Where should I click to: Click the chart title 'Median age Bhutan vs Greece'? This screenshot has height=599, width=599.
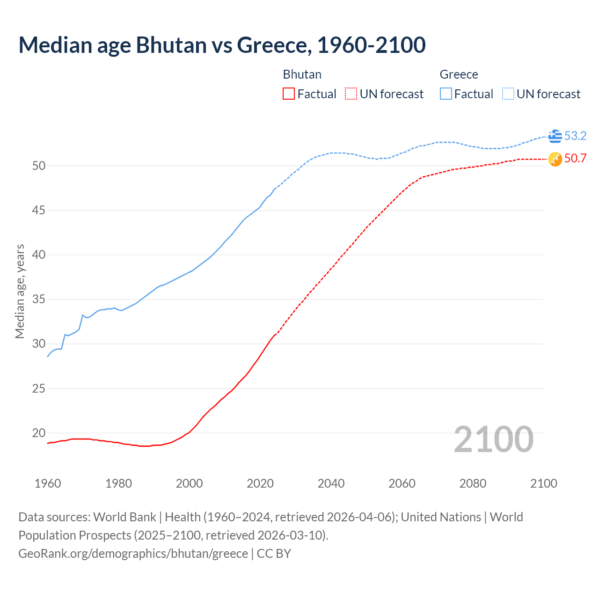click(x=222, y=45)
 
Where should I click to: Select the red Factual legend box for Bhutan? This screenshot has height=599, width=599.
click(x=289, y=94)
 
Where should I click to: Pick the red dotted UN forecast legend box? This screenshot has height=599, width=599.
click(x=351, y=94)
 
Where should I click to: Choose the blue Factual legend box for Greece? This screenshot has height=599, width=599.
click(x=446, y=94)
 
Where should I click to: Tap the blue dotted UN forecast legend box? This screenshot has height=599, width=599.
click(x=508, y=94)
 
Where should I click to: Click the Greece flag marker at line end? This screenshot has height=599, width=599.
click(x=555, y=136)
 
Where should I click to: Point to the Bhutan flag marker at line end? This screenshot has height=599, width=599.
click(x=555, y=159)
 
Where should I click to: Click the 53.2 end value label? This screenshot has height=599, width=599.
click(x=575, y=136)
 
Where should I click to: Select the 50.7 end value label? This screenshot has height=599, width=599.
click(x=575, y=159)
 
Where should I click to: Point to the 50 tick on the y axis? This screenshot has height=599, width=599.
click(x=39, y=166)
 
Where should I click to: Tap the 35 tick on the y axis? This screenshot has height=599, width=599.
click(x=39, y=299)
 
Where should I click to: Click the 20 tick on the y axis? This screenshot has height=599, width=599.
click(x=39, y=433)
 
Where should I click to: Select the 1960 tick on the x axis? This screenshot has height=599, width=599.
click(x=48, y=483)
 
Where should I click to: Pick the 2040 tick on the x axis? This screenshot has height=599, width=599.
click(x=331, y=483)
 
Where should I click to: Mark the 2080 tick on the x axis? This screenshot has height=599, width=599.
click(x=473, y=483)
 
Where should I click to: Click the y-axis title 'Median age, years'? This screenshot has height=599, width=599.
click(x=20, y=291)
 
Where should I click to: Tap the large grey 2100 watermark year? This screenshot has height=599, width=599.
click(x=493, y=439)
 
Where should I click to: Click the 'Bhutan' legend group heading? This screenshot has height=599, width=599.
click(x=302, y=74)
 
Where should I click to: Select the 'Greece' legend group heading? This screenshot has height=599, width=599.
click(x=459, y=74)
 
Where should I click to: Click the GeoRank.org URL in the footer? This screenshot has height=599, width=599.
click(x=133, y=554)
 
